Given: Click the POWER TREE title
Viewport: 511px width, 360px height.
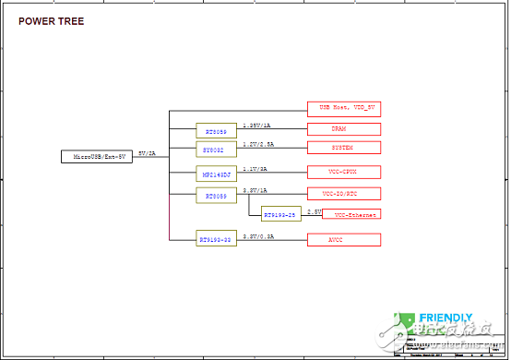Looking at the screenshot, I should pos(53,21).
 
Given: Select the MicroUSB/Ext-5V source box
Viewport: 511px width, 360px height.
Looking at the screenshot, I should pos(97,157).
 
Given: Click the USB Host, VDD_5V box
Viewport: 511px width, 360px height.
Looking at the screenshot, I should pos(343,108).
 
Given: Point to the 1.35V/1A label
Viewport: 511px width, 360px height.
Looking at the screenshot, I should pos(256,126).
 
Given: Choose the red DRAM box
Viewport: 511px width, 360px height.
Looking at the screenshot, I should pos(343,129).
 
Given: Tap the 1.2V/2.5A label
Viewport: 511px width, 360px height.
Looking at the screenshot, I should pos(257,144).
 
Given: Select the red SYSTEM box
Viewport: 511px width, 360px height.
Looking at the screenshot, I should pos(343,148).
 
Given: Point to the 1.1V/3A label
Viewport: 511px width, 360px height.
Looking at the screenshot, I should pos(255,168).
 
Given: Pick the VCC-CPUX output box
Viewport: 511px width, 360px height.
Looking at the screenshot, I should pos(343,172).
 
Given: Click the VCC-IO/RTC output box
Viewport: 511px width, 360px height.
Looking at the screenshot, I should pos(343,194).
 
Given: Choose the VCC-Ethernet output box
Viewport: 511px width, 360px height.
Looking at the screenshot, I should pos(351,214).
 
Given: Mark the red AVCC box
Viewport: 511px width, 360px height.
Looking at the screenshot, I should pos(343,239).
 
